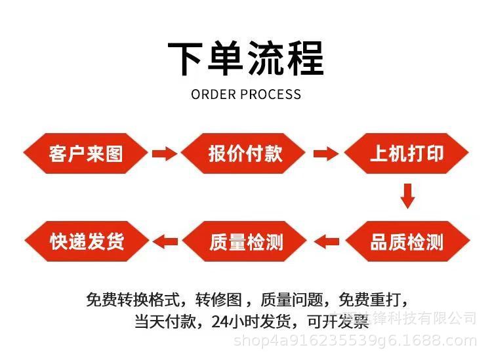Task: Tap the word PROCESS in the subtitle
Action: coord(271,94)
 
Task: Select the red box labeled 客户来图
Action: coord(86,153)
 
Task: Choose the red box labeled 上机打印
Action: coord(407,153)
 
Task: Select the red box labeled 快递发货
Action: coord(86,241)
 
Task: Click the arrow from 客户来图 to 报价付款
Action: coord(165,154)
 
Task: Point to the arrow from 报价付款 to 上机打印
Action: coord(325,154)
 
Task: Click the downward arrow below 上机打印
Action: coord(408,196)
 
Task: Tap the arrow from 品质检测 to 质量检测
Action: coord(326,242)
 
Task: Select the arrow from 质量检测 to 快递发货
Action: coord(165,242)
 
